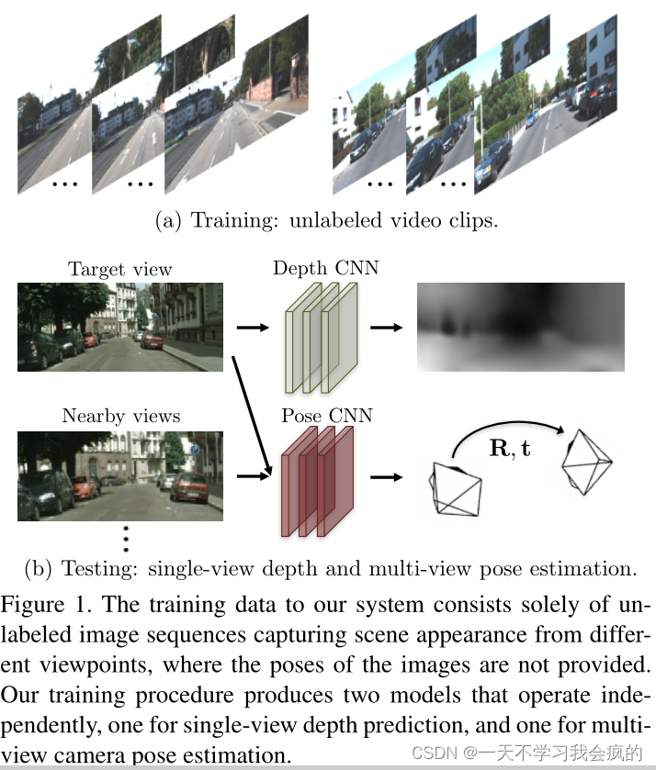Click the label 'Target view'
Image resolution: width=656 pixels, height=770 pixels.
pos(119,270)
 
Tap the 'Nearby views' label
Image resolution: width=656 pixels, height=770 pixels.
pos(121,417)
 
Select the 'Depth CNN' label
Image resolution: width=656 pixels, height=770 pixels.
pos(326,268)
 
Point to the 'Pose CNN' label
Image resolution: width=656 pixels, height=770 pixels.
pos(327,416)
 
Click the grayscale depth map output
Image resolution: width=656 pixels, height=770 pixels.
pos(521,326)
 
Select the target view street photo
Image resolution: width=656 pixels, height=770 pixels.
pos(119,326)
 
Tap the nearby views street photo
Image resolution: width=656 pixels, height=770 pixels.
pos(119,474)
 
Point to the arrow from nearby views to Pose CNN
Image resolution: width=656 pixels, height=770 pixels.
pos(250,476)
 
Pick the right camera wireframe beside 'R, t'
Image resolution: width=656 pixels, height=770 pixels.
pos(584,463)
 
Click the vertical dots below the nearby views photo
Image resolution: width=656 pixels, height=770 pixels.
pos(126,538)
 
